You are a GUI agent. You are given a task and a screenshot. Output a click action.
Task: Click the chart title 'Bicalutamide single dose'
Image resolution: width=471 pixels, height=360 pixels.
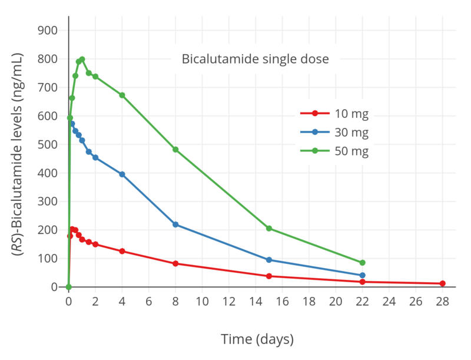pyautogui.click(x=255, y=59)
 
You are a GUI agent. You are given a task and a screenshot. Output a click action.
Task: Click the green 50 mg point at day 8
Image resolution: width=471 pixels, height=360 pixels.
pyautogui.click(x=175, y=150)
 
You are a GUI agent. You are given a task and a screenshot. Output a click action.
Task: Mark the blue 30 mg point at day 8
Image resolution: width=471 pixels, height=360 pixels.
pyautogui.click(x=175, y=224)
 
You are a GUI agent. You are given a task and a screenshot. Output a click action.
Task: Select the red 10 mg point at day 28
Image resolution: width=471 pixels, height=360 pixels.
pyautogui.click(x=442, y=283)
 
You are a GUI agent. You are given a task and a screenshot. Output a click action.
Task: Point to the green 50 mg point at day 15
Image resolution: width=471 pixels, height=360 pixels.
pyautogui.click(x=269, y=228)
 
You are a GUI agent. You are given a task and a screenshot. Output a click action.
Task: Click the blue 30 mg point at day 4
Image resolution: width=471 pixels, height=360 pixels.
pyautogui.click(x=122, y=174)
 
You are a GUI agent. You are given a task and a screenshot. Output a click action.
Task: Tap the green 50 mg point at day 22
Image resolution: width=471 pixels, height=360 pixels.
pyautogui.click(x=363, y=263)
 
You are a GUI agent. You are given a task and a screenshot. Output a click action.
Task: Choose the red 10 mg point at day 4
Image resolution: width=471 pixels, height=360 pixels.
pyautogui.click(x=122, y=251)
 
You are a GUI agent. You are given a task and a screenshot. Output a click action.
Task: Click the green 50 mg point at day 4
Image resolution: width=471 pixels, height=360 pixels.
pyautogui.click(x=122, y=95)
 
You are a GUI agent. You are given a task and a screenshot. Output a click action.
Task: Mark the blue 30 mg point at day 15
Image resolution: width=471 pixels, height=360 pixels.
pyautogui.click(x=269, y=260)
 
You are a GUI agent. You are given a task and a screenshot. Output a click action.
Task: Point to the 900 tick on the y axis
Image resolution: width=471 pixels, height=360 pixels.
pyautogui.click(x=48, y=31)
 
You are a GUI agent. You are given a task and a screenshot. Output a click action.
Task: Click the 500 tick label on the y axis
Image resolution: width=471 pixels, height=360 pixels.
pyautogui.click(x=48, y=144)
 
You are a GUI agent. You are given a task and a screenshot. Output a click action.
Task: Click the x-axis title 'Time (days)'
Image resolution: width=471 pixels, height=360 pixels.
pyautogui.click(x=257, y=339)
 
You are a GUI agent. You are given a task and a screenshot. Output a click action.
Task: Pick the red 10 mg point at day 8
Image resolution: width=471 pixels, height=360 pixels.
pyautogui.click(x=175, y=263)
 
